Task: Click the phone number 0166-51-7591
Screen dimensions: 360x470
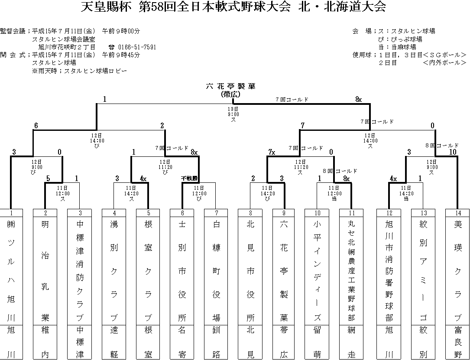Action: point(137,47)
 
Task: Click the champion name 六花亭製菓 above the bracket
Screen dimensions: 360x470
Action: point(231,86)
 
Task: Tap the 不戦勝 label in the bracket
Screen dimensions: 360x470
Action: point(189,178)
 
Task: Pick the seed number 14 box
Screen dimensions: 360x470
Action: point(457,213)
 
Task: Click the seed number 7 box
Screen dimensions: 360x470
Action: point(216,213)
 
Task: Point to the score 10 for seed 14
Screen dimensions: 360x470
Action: point(453,152)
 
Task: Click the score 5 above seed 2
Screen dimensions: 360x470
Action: point(48,178)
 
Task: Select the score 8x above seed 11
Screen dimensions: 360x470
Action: point(346,178)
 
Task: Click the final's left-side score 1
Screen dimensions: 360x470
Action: point(105,99)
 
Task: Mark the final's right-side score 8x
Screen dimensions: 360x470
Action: point(358,99)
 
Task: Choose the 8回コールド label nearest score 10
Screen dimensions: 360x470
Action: point(441,146)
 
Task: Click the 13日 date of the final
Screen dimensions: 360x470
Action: point(233,109)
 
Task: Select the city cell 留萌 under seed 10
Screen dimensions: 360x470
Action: point(318,342)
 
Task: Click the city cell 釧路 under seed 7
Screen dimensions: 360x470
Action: point(216,342)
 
